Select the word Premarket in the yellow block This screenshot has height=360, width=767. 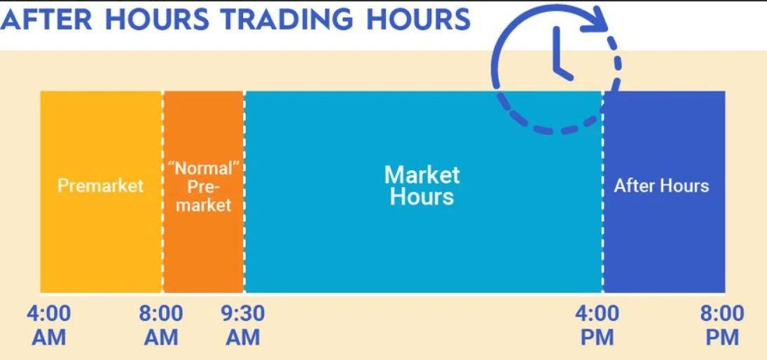(100, 186)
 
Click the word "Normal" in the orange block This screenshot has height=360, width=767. (203, 168)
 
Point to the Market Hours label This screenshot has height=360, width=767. (422, 185)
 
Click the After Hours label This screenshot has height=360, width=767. (661, 186)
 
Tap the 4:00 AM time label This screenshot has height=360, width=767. (48, 324)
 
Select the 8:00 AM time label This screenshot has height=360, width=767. (160, 324)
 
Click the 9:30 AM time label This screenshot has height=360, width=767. (242, 324)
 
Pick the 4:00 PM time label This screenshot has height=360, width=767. (597, 324)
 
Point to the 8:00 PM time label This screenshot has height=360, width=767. (722, 324)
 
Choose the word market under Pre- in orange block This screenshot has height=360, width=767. (203, 205)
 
